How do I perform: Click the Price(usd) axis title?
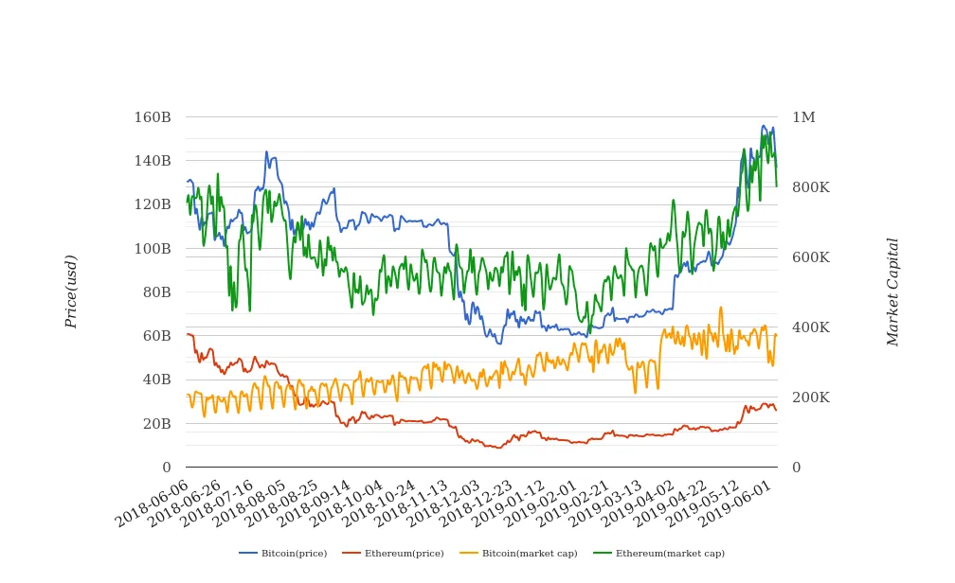71,291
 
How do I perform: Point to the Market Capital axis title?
892,291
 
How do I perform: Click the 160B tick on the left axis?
153,117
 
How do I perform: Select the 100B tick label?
153,249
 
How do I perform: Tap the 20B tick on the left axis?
155,424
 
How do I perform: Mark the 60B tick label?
155,336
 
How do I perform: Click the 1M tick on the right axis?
803,117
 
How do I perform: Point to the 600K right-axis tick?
811,257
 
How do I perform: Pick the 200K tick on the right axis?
811,397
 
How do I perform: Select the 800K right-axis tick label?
811,187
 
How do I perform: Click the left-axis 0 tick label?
166,468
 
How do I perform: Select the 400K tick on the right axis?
811,327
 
